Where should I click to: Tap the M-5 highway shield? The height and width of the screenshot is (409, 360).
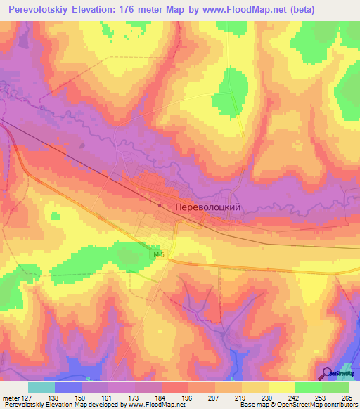coord(157,255)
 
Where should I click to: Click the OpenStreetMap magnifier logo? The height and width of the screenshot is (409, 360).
coord(327,373)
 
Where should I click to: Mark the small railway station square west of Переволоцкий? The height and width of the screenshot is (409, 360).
coord(160,205)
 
